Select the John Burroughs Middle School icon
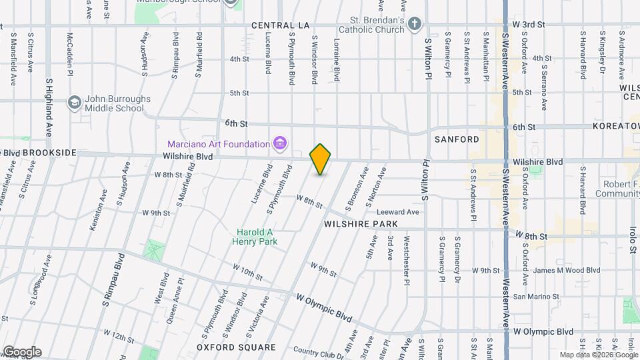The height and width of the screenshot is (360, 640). point(74,103)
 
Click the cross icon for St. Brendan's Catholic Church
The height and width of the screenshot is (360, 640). point(415,25)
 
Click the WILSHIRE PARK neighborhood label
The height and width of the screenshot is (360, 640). point(361,224)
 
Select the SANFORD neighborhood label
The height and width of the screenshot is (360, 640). point(457,139)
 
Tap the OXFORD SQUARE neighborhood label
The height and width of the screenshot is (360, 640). point(236,347)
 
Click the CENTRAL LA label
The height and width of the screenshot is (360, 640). point(281,25)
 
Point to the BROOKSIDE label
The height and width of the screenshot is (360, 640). point(50,153)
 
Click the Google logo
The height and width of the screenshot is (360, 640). point(21,352)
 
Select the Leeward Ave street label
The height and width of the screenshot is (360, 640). point(403,212)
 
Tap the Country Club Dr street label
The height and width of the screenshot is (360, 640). point(317,351)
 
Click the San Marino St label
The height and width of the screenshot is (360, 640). point(533,296)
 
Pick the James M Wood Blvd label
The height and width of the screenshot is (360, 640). point(567,270)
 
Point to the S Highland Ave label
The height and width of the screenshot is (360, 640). point(49,107)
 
